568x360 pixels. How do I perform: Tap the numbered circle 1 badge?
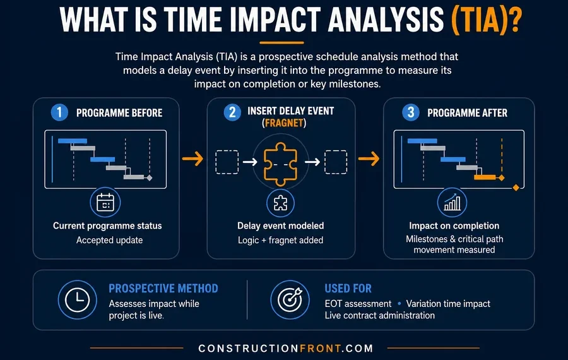pyautogui.click(x=59, y=112)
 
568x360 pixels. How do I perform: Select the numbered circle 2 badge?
pyautogui.click(x=232, y=112)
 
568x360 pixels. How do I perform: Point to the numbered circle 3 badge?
pyautogui.click(x=411, y=112)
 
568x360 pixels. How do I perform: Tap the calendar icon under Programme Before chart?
pyautogui.click(x=105, y=202)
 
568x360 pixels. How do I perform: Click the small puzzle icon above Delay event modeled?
pyautogui.click(x=280, y=203)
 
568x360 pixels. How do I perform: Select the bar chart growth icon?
pyautogui.click(x=453, y=202)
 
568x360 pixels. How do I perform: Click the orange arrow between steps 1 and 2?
pyautogui.click(x=192, y=159)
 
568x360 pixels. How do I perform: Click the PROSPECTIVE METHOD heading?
pyautogui.click(x=163, y=289)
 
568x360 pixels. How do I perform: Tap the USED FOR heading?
pyautogui.click(x=348, y=289)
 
